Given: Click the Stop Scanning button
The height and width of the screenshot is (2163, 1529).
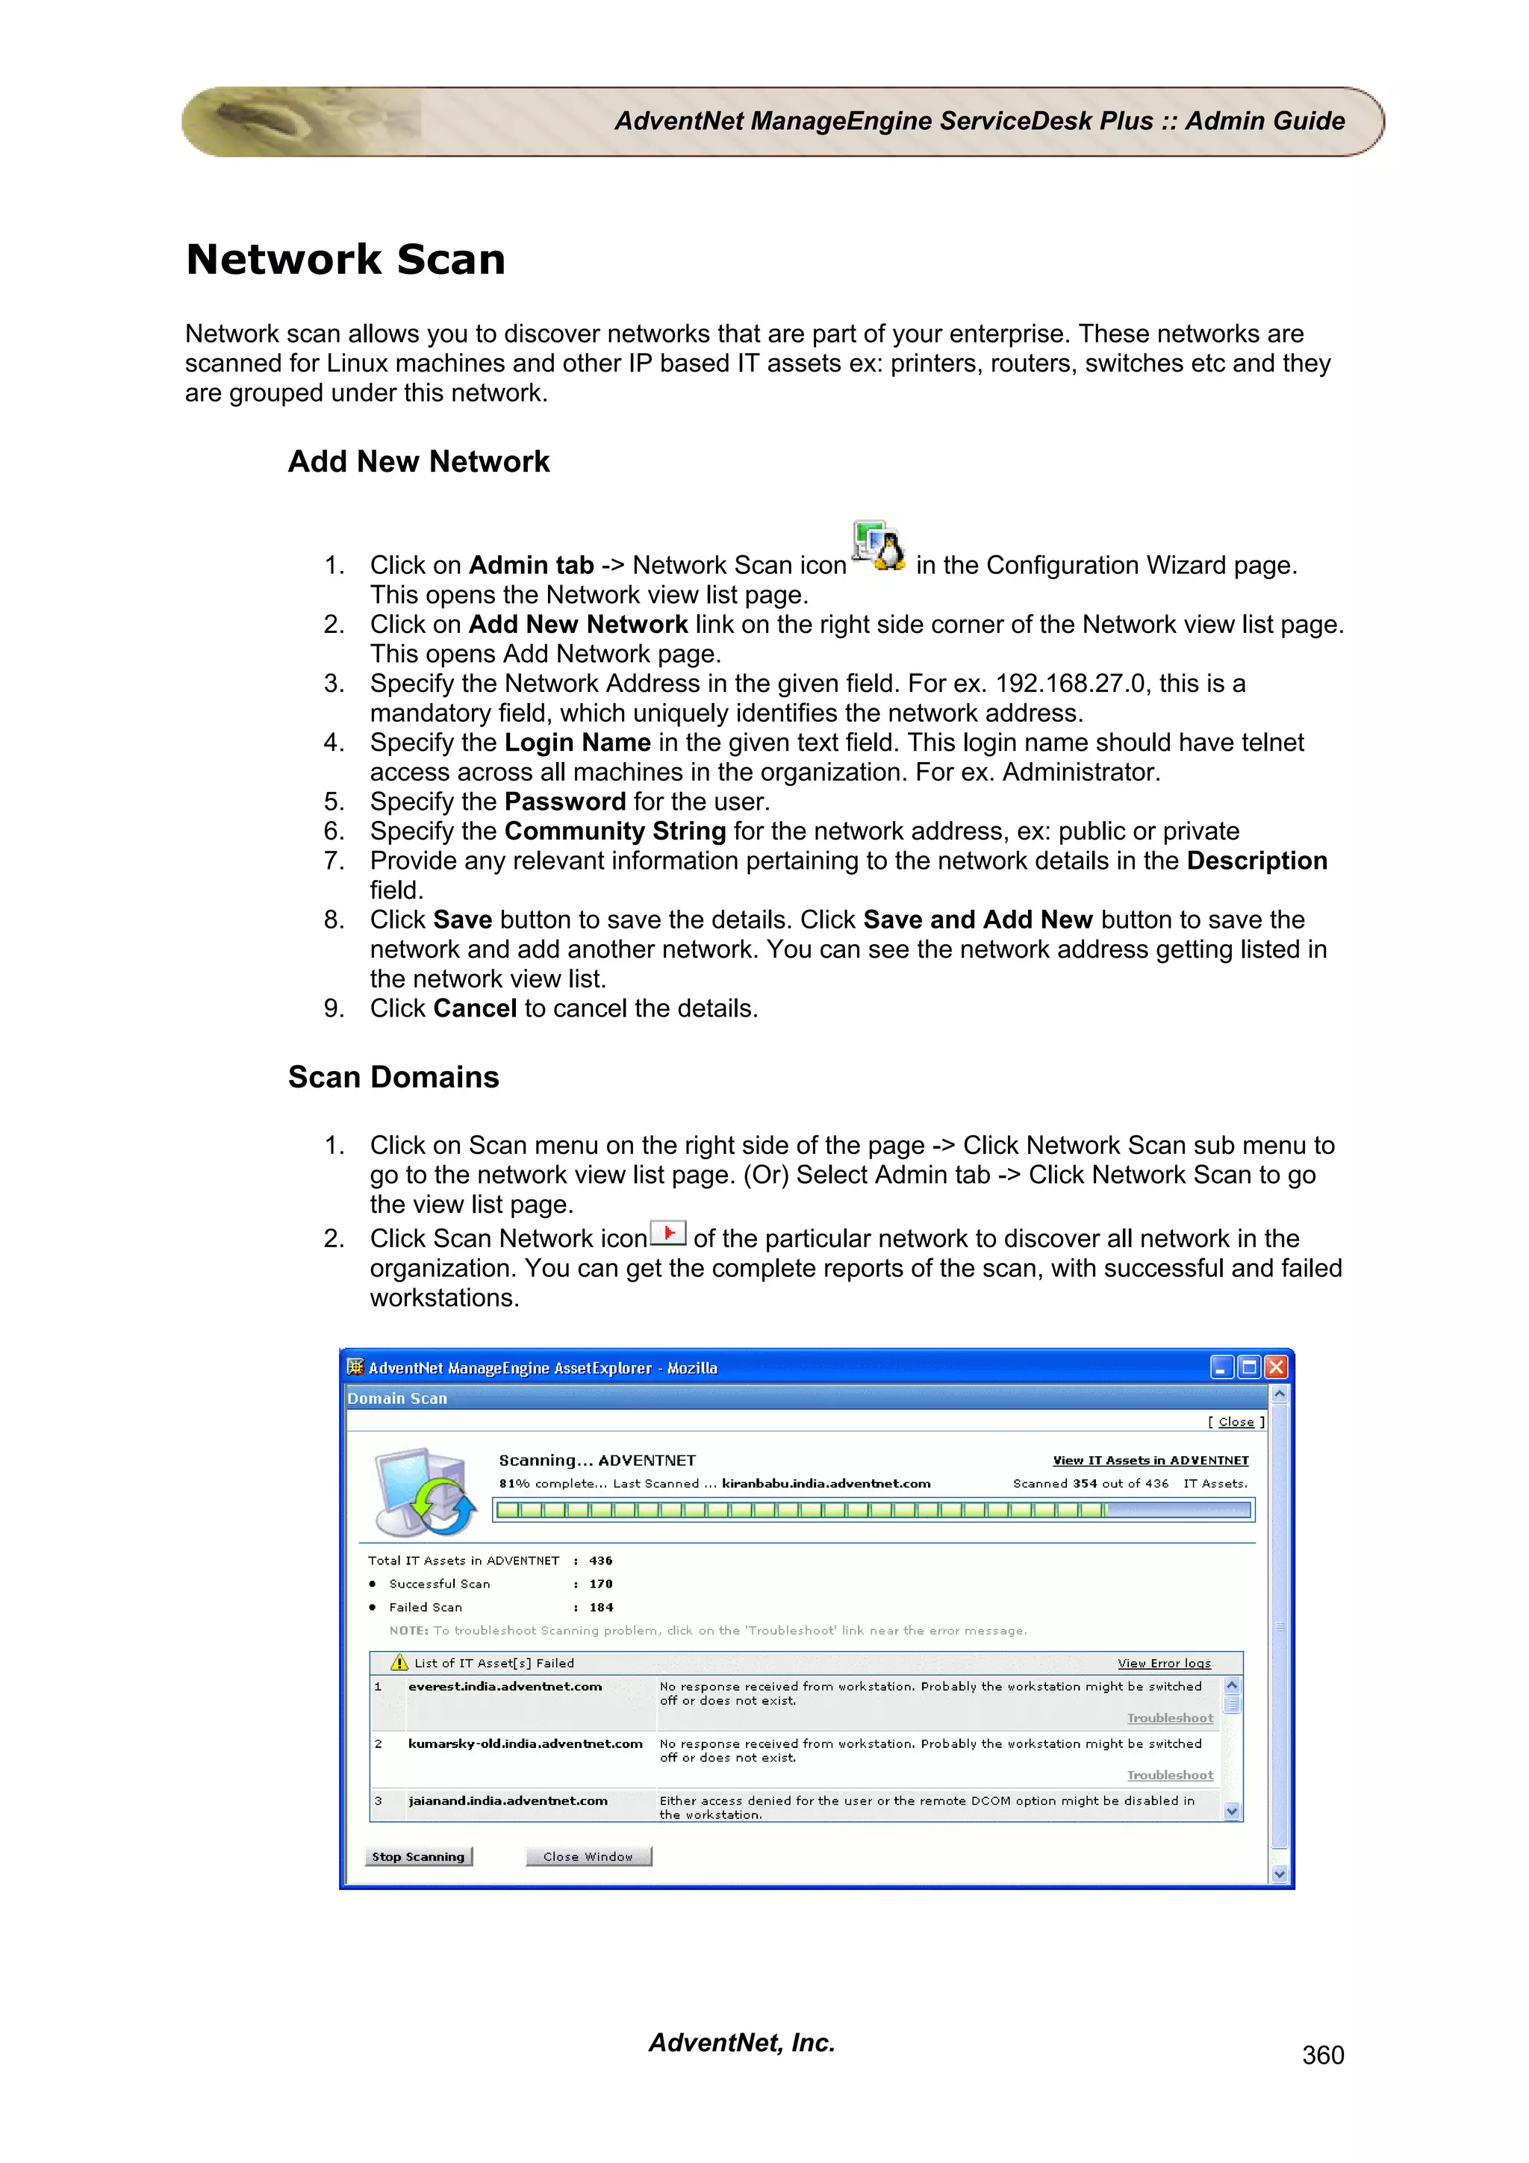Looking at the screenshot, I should click(418, 1857).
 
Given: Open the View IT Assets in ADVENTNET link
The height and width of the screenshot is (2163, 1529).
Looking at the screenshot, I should click(1150, 1460).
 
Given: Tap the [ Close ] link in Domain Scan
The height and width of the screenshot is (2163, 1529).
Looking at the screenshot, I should click(1236, 1423).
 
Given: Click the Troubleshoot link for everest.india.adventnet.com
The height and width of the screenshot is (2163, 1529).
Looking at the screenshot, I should click(1170, 1718).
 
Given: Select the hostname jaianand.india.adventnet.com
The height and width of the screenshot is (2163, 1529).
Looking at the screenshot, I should click(508, 1800).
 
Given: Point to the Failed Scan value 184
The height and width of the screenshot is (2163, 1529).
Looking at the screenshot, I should click(601, 1607).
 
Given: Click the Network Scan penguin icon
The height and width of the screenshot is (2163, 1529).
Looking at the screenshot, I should click(878, 547).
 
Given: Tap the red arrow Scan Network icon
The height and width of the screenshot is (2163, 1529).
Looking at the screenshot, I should click(668, 1233).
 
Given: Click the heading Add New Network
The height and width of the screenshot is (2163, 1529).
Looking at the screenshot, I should click(418, 461).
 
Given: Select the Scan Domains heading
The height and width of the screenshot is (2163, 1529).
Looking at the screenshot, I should click(393, 1077).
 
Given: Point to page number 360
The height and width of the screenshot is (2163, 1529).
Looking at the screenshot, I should click(1323, 2055).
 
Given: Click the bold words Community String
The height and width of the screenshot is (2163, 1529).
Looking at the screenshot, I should click(615, 831).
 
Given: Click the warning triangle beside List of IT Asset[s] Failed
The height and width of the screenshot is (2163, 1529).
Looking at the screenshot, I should click(399, 1663).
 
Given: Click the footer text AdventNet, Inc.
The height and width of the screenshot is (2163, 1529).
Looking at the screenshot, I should click(741, 2042).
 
